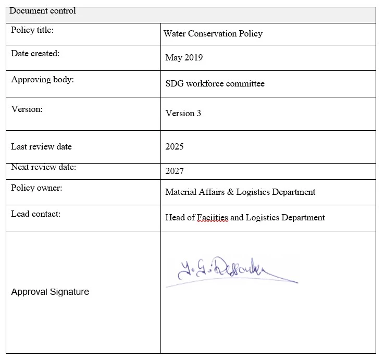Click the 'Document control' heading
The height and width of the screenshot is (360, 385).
(x=43, y=11)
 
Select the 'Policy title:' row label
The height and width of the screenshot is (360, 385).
(x=32, y=30)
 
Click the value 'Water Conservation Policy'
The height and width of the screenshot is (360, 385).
(x=213, y=34)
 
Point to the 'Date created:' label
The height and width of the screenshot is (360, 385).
(x=35, y=54)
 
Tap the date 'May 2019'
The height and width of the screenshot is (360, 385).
(x=184, y=58)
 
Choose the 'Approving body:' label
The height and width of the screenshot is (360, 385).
(x=42, y=80)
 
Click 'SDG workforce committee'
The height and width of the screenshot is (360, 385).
(x=215, y=84)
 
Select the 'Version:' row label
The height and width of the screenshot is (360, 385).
(x=27, y=109)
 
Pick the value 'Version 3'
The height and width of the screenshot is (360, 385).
(x=183, y=113)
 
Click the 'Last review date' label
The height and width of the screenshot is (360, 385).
(x=41, y=146)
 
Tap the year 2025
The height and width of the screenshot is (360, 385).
(x=175, y=146)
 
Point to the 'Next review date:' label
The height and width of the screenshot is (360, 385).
(x=43, y=167)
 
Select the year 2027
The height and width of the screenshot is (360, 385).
(x=175, y=171)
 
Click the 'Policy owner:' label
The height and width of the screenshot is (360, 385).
(x=36, y=188)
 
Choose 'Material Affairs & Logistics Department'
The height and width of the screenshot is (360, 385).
(x=240, y=192)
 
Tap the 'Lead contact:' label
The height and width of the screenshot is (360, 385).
(x=35, y=214)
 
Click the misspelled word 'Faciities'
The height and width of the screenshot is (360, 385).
(x=212, y=218)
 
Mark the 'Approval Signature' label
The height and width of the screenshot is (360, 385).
(x=50, y=292)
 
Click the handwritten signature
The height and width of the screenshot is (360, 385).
(x=224, y=271)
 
